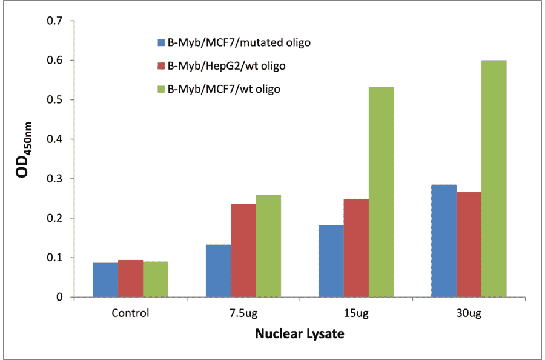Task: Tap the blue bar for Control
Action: (x=105, y=280)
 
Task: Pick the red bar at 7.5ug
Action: (x=243, y=250)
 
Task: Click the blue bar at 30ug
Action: (x=443, y=241)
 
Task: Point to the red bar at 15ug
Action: (x=356, y=248)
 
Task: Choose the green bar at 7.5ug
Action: (x=268, y=245)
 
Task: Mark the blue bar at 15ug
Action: (x=331, y=261)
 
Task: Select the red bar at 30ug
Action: (x=469, y=244)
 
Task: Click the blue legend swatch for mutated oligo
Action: (x=161, y=42)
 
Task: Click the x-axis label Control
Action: (x=130, y=313)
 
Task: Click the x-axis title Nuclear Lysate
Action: (x=300, y=334)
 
